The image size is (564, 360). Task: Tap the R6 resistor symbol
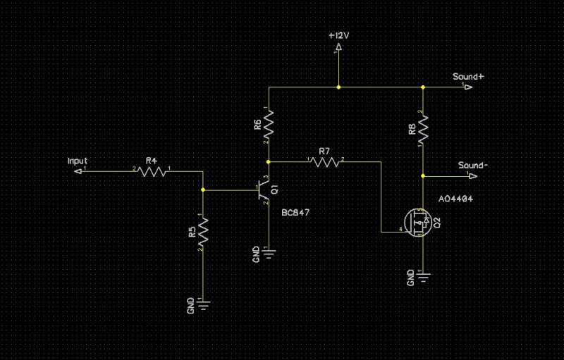click(x=269, y=127)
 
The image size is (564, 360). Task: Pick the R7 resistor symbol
click(x=324, y=161)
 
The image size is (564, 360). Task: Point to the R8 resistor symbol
click(x=422, y=128)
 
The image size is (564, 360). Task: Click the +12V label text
click(x=340, y=35)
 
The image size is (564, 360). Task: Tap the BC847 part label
click(x=295, y=212)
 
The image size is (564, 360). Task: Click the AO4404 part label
click(x=455, y=199)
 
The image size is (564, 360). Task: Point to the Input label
click(x=77, y=161)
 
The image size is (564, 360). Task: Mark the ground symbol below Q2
click(x=422, y=275)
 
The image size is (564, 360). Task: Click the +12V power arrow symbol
click(x=339, y=48)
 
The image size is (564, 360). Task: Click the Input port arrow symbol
click(x=78, y=170)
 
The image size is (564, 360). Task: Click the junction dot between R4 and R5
click(x=203, y=190)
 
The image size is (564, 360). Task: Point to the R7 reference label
click(x=324, y=151)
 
